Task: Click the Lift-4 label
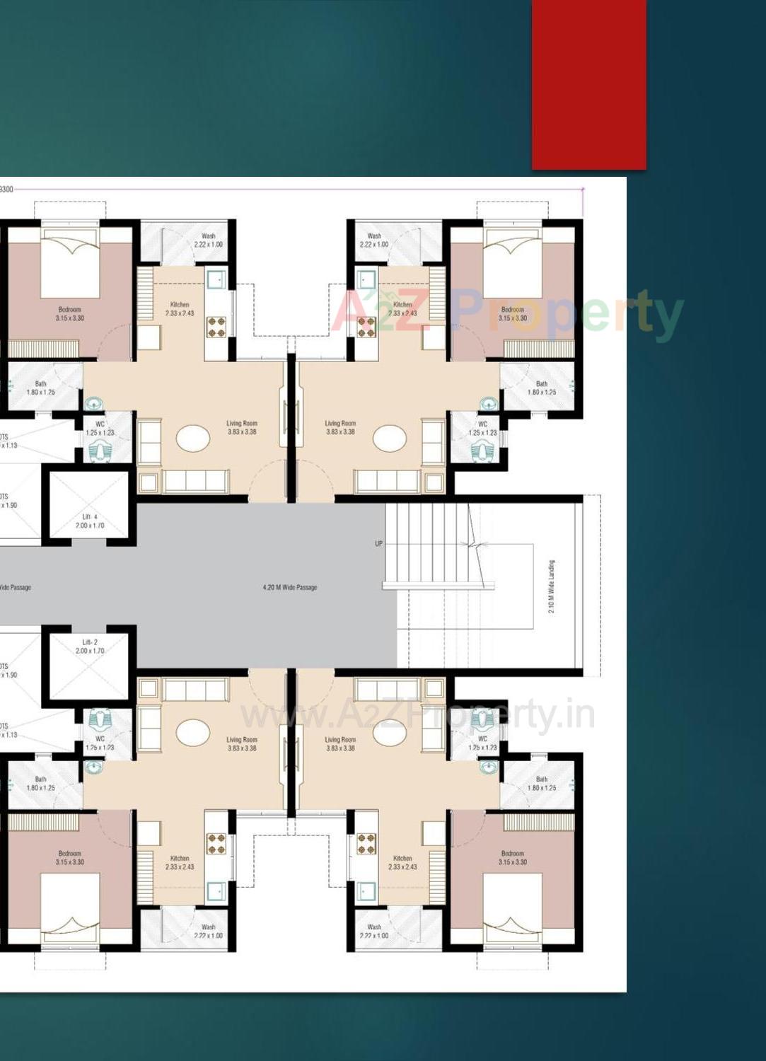(90, 521)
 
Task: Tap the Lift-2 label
(90, 647)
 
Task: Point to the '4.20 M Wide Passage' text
(290, 587)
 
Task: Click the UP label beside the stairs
(378, 544)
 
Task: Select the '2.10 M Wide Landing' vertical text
(552, 586)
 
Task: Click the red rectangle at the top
(588, 84)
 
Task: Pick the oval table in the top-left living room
(193, 439)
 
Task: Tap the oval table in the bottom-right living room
(390, 732)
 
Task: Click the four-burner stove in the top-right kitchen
(366, 327)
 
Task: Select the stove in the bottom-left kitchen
(216, 843)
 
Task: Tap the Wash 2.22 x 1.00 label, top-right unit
(374, 240)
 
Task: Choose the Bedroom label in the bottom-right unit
(513, 858)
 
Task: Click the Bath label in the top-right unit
(542, 388)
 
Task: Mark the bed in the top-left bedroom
(70, 265)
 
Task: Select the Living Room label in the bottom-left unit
(242, 743)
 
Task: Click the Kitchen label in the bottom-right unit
(402, 862)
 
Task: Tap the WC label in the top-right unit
(482, 428)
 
